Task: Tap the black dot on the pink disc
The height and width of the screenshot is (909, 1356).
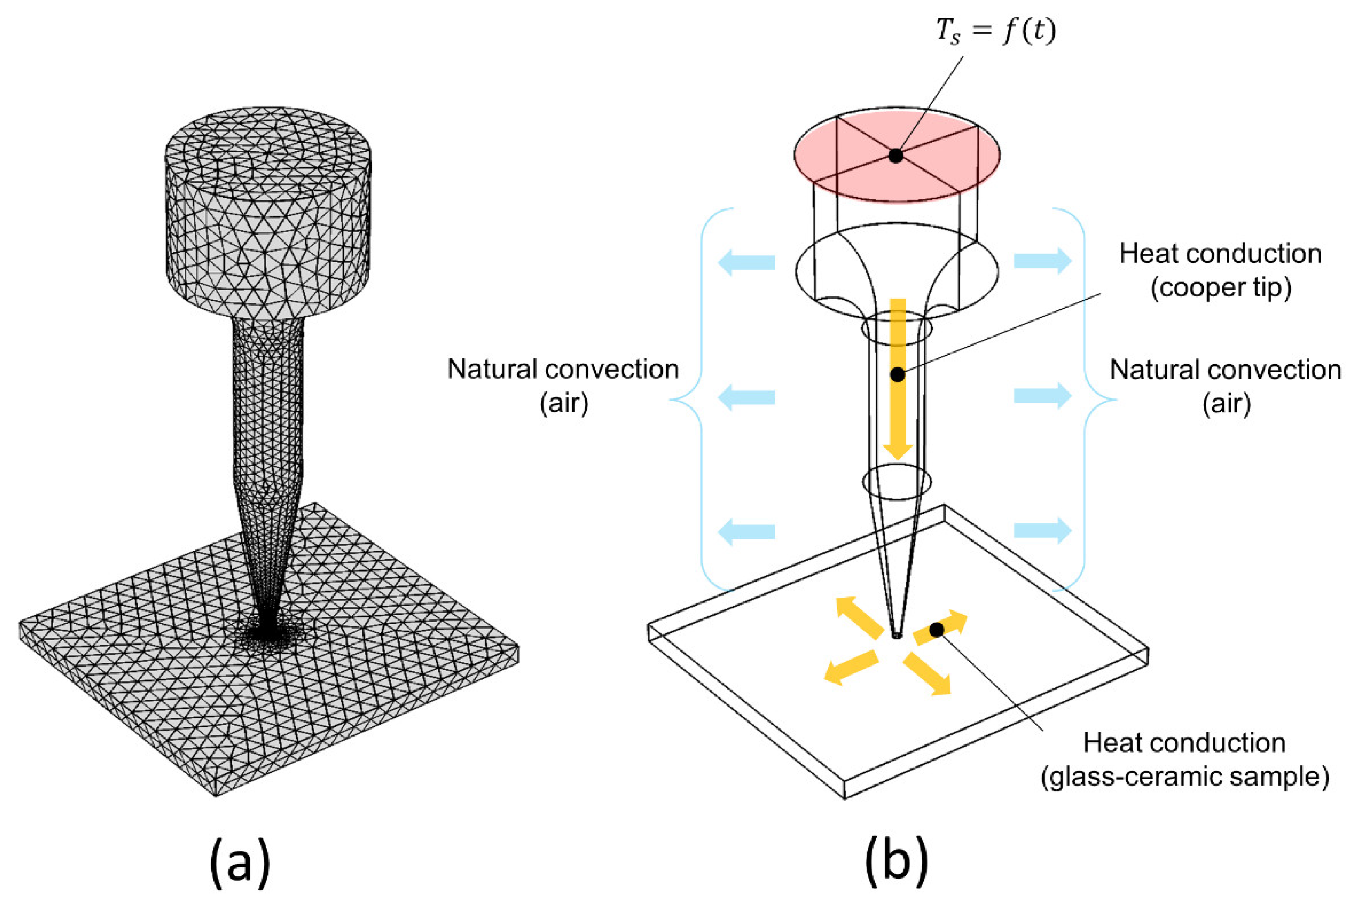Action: (896, 155)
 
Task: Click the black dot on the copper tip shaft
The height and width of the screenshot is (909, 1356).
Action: (897, 374)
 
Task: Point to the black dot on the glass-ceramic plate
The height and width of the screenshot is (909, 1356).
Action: (937, 630)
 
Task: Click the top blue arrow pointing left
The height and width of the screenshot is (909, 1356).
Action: (747, 262)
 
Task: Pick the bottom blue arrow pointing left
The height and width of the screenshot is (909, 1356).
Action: (747, 532)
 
